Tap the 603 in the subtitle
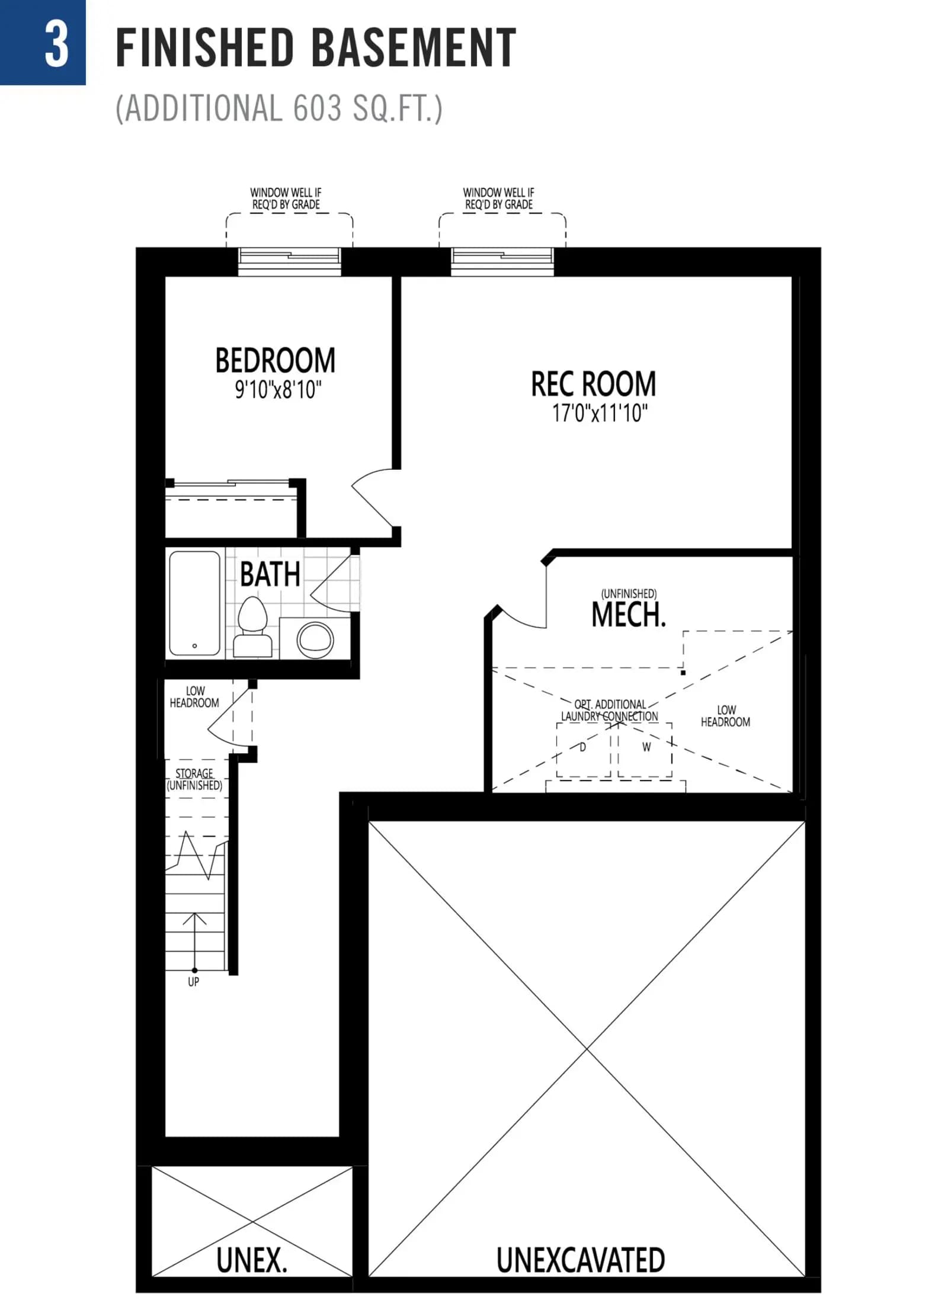pyautogui.click(x=317, y=108)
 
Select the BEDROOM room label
pyautogui.click(x=276, y=360)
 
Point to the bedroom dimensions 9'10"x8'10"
pyautogui.click(x=278, y=390)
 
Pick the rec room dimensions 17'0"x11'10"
pyautogui.click(x=600, y=412)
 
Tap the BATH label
pyautogui.click(x=270, y=574)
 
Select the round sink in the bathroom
pyautogui.click(x=315, y=640)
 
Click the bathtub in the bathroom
pyautogui.click(x=195, y=603)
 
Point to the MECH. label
pyautogui.click(x=629, y=614)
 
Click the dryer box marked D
pyautogui.click(x=584, y=749)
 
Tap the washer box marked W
pyautogui.click(x=645, y=749)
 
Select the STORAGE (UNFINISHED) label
pyautogui.click(x=194, y=779)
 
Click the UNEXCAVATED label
pyautogui.click(x=581, y=1260)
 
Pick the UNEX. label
pyautogui.click(x=252, y=1260)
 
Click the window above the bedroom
pyautogui.click(x=290, y=261)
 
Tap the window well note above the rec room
pyautogui.click(x=499, y=199)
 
